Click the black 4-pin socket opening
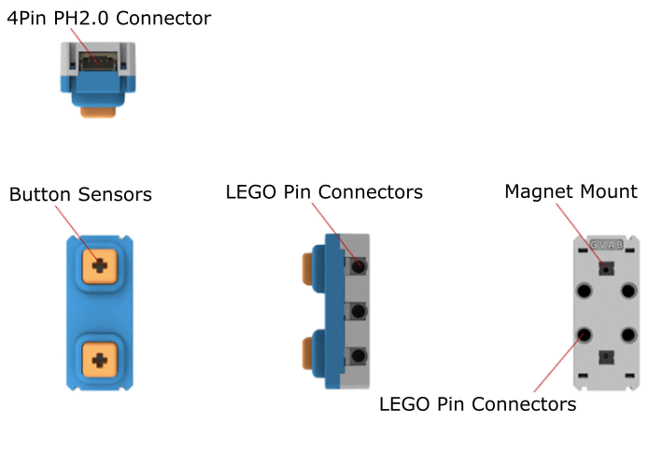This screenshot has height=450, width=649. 95,63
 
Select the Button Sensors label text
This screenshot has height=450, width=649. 80,194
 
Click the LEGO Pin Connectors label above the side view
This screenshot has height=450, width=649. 324,192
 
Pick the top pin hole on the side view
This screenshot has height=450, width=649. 357,266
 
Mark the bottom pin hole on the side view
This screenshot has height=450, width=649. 357,356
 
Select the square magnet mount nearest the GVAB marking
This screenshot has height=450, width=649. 606,269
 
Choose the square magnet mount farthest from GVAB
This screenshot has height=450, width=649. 606,356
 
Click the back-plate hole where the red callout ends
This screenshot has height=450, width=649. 585,334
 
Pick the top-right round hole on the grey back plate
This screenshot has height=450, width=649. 628,290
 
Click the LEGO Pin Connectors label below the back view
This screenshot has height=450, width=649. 477,405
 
